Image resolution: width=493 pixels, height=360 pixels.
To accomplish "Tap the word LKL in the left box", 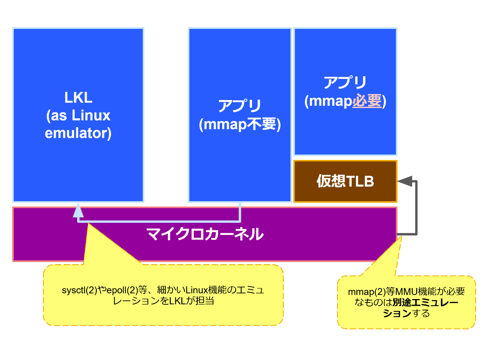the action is (x=78, y=98).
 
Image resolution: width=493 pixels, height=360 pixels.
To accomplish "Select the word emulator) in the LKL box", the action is (x=78, y=134).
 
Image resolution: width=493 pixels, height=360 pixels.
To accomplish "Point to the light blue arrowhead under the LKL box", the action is (x=78, y=210).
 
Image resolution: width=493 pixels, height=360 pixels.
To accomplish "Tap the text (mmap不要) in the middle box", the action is (x=240, y=125).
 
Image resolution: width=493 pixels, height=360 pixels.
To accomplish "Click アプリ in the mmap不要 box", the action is (x=240, y=106).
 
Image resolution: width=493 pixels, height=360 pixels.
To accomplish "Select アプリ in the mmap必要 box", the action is (x=345, y=82).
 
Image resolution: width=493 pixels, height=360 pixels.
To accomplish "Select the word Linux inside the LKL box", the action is (x=91, y=116).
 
